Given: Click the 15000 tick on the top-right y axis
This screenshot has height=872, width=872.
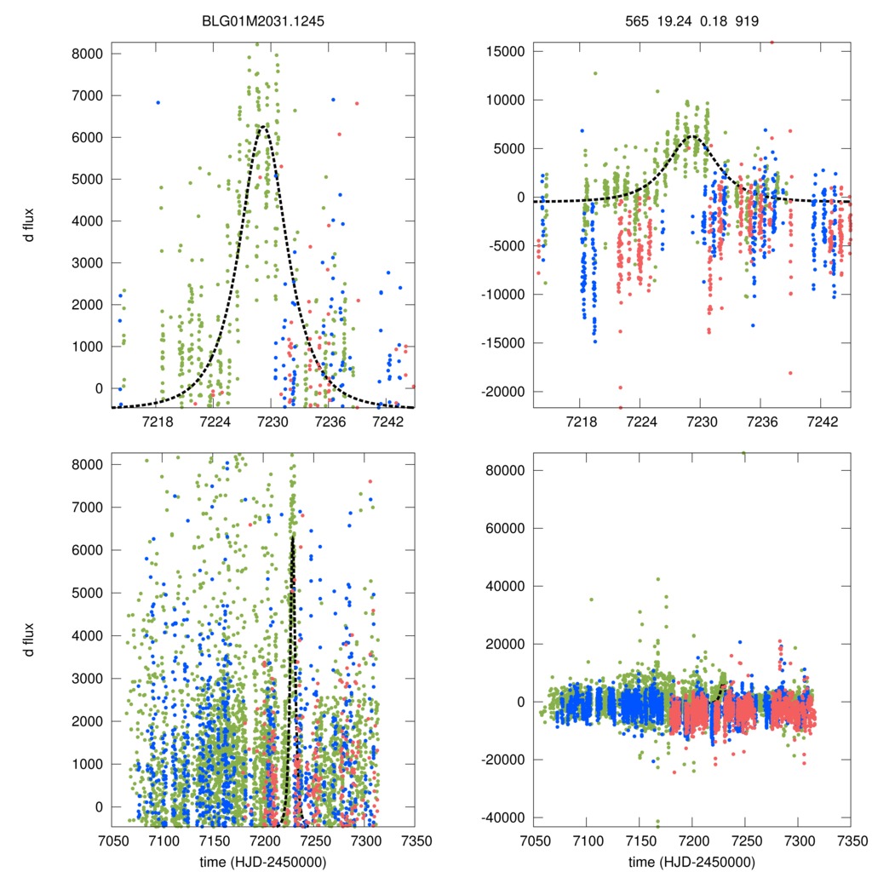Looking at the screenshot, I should coord(503,52).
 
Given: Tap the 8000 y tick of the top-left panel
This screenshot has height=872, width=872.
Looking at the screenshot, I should coord(85,54).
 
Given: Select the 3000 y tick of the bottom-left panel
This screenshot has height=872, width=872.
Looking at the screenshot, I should coord(85,679).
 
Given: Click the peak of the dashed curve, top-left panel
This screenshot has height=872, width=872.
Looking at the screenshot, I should coord(263,127).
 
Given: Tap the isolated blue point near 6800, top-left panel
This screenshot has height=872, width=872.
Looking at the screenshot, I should coord(158,102).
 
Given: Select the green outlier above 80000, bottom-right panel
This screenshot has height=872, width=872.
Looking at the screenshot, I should coord(743,453).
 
